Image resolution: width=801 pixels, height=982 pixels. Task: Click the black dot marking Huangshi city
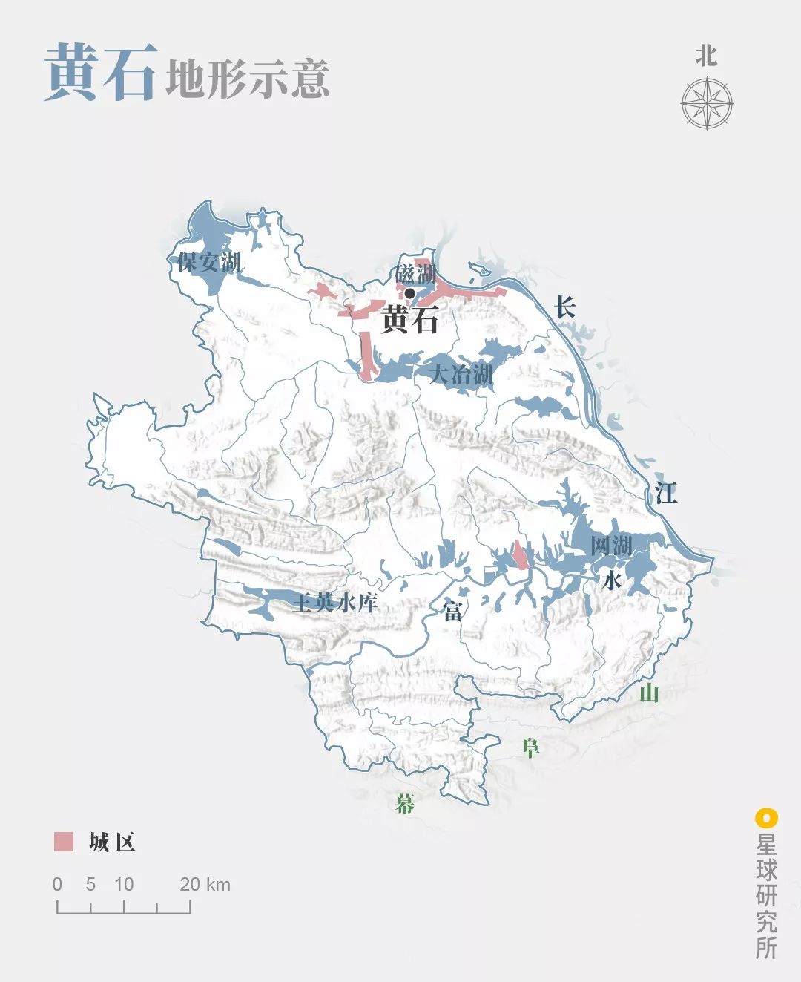coord(409,293)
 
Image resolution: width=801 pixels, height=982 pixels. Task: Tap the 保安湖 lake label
coord(209,262)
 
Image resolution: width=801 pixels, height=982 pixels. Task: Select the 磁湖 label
coord(415,274)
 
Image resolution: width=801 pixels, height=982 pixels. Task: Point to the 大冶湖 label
coord(461,373)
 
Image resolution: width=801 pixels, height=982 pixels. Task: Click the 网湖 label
coord(612,546)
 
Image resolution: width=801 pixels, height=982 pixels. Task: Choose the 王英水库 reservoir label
coord(335,602)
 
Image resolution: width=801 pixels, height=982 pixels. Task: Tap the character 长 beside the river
coord(565,307)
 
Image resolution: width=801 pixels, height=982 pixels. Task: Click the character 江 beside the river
coord(665,492)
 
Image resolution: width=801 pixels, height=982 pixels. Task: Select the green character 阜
coord(530,747)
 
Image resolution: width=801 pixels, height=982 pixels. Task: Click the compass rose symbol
coord(707,103)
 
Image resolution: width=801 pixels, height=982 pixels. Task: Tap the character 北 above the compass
coord(706,56)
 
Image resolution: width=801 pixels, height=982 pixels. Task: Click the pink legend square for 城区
coord(64,842)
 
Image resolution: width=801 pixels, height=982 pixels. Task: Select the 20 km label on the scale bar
coord(205,884)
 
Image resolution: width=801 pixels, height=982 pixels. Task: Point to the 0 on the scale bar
coord(58,884)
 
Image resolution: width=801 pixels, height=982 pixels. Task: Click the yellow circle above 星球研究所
coord(765,819)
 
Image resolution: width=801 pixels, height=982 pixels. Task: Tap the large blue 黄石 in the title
coord(100,72)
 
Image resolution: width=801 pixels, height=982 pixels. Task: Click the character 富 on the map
coord(452,611)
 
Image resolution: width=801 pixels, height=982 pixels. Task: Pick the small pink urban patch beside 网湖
coord(521,556)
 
